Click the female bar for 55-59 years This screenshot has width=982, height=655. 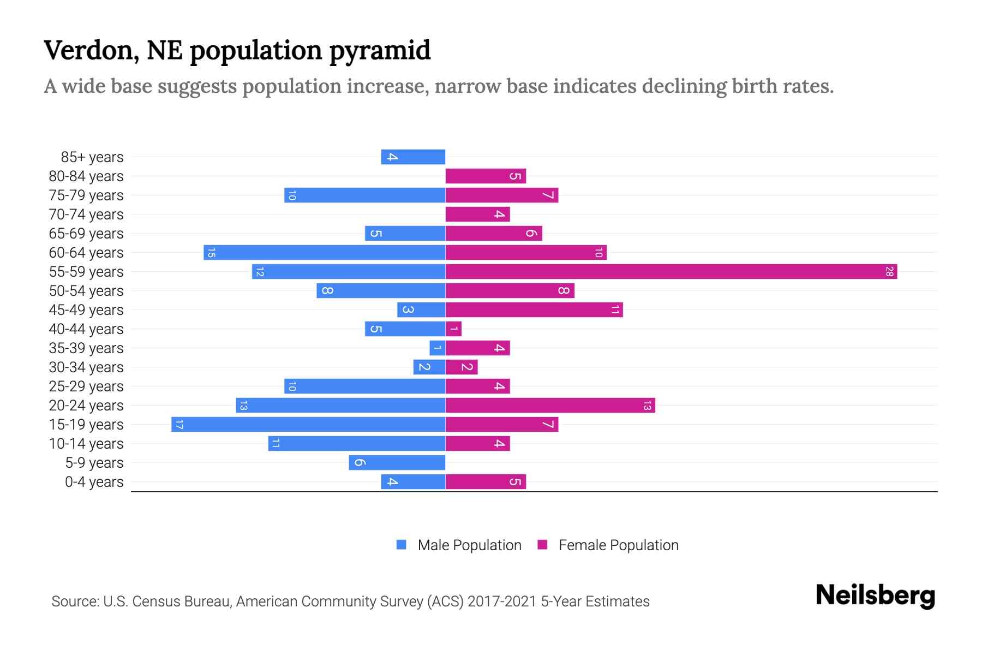coord(671,271)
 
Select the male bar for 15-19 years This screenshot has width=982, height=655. coord(308,424)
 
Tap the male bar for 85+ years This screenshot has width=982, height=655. coord(413,157)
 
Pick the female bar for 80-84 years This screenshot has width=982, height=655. coord(486,176)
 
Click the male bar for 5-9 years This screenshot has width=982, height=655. coord(397,462)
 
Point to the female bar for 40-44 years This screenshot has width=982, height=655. coord(453,329)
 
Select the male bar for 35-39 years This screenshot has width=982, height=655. coord(438,348)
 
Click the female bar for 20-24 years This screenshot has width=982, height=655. coord(550,405)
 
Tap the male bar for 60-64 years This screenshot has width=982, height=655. coord(325,252)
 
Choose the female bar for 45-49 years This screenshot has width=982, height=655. coord(534,309)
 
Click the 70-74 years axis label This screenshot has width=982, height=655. coord(86,214)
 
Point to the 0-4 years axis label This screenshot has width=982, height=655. coord(94,481)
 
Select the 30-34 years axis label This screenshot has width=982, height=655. coord(86,367)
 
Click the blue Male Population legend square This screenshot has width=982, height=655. coord(402,545)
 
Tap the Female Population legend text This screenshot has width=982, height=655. coord(618,545)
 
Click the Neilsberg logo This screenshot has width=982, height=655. coord(875,596)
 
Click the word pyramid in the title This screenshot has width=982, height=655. coord(380,51)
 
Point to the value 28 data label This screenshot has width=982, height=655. coord(889,271)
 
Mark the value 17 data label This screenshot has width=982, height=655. coord(179,424)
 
